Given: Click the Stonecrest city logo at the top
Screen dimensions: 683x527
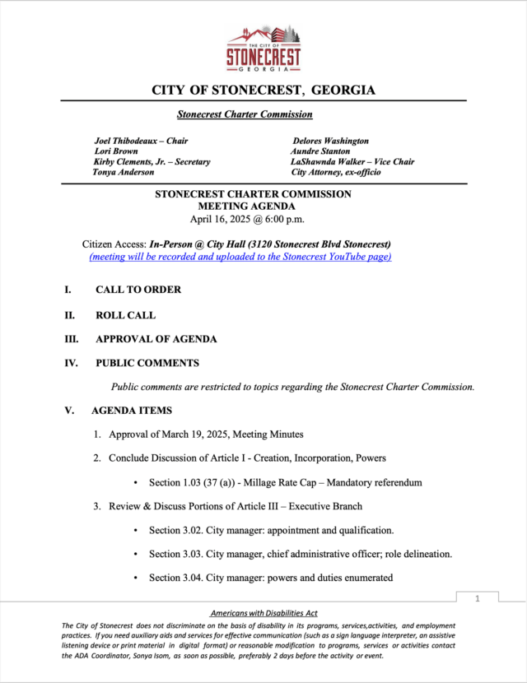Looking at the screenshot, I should (x=263, y=49).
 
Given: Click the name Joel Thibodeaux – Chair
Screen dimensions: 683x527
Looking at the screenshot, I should (x=141, y=141).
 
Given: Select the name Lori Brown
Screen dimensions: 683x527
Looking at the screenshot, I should (x=115, y=151).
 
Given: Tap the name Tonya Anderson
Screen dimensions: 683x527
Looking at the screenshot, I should (x=124, y=172).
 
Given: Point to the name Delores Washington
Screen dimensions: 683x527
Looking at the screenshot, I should (x=330, y=141).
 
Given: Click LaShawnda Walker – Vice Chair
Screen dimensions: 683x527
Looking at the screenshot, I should (x=352, y=162).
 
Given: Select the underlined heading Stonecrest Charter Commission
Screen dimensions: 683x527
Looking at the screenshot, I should (x=245, y=114).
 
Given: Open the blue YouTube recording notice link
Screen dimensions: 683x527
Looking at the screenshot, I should (x=240, y=257).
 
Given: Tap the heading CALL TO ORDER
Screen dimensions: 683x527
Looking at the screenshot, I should (x=138, y=290).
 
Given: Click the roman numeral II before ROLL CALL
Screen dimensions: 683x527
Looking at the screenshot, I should (x=70, y=314).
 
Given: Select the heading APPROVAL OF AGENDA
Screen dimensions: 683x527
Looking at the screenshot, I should (x=156, y=339).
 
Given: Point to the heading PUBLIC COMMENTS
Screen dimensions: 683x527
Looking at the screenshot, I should (x=147, y=363).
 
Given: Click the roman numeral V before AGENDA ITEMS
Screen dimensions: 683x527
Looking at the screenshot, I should (x=69, y=410).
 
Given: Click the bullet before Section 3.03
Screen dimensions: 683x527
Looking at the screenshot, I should (x=135, y=554).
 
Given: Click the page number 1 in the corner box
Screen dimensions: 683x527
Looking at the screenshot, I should (x=478, y=599).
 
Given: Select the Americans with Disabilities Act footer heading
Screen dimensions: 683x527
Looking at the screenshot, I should (x=263, y=614).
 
